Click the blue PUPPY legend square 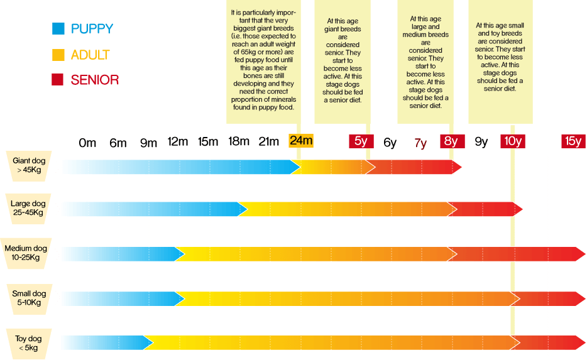(x=58, y=28)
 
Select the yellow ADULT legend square (x=58, y=55)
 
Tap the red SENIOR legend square (x=58, y=80)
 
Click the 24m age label (x=301, y=141)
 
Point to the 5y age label (x=361, y=141)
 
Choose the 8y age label (x=451, y=141)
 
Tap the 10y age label (x=512, y=141)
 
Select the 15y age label (x=573, y=141)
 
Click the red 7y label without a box (x=420, y=143)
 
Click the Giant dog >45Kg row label (x=29, y=166)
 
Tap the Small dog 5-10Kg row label (x=29, y=298)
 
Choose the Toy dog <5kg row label (x=29, y=343)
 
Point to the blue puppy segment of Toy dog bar (x=107, y=343)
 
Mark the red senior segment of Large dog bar (x=487, y=209)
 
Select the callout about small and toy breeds (x=500, y=57)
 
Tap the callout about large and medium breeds (x=429, y=62)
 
